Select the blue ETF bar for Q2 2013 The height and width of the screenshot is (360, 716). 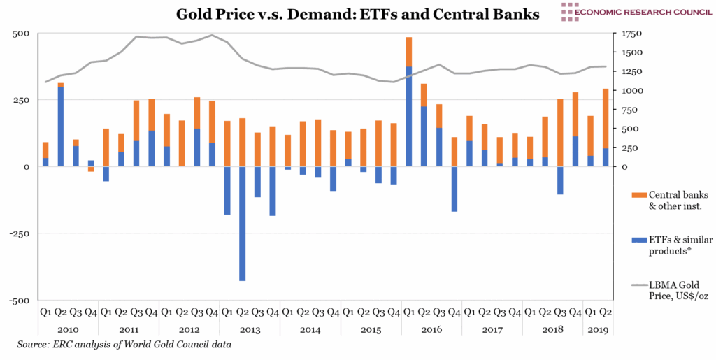(x=242, y=223)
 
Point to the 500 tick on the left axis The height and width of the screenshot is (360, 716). (x=21, y=34)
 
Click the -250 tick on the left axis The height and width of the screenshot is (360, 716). (x=19, y=233)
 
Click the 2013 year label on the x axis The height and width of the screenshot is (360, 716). (x=250, y=329)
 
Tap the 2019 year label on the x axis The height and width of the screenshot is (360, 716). (x=598, y=329)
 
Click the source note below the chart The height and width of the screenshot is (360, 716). (x=124, y=345)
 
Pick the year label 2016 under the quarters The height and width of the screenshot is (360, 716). (x=431, y=329)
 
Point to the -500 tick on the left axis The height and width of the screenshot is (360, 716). (x=19, y=301)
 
